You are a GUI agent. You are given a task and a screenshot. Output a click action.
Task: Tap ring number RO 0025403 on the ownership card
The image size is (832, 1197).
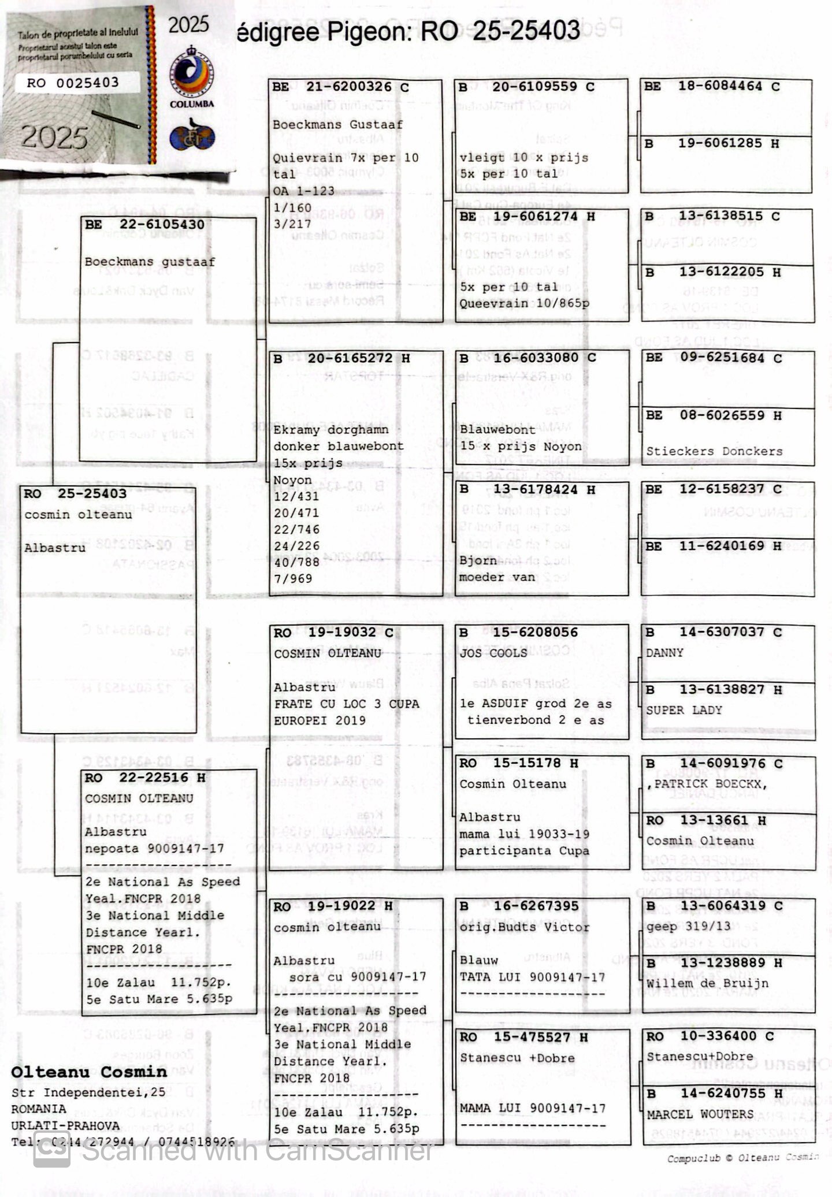(73, 83)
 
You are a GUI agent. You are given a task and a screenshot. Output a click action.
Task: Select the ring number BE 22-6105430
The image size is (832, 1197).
(144, 225)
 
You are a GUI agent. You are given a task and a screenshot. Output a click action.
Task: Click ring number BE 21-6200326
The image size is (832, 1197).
(341, 87)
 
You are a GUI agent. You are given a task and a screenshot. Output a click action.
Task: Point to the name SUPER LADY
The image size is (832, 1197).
(684, 710)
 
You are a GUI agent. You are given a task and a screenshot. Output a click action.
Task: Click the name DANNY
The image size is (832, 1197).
(664, 652)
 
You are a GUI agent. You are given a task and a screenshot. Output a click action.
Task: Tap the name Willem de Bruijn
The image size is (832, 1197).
(707, 983)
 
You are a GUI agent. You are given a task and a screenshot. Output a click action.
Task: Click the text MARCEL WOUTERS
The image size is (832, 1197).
(700, 1114)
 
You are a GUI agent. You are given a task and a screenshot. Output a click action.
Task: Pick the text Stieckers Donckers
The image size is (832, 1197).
(714, 451)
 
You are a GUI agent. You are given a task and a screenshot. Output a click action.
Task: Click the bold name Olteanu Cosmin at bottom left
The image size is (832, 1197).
(89, 1072)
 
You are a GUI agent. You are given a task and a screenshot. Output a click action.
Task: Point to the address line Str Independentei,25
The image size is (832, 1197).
(88, 1092)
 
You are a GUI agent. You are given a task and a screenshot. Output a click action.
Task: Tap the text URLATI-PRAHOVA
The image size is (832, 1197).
(65, 1125)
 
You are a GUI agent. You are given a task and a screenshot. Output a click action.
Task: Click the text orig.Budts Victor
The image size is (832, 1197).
(525, 927)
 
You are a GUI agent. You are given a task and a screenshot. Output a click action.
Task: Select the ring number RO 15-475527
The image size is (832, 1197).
(523, 1037)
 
